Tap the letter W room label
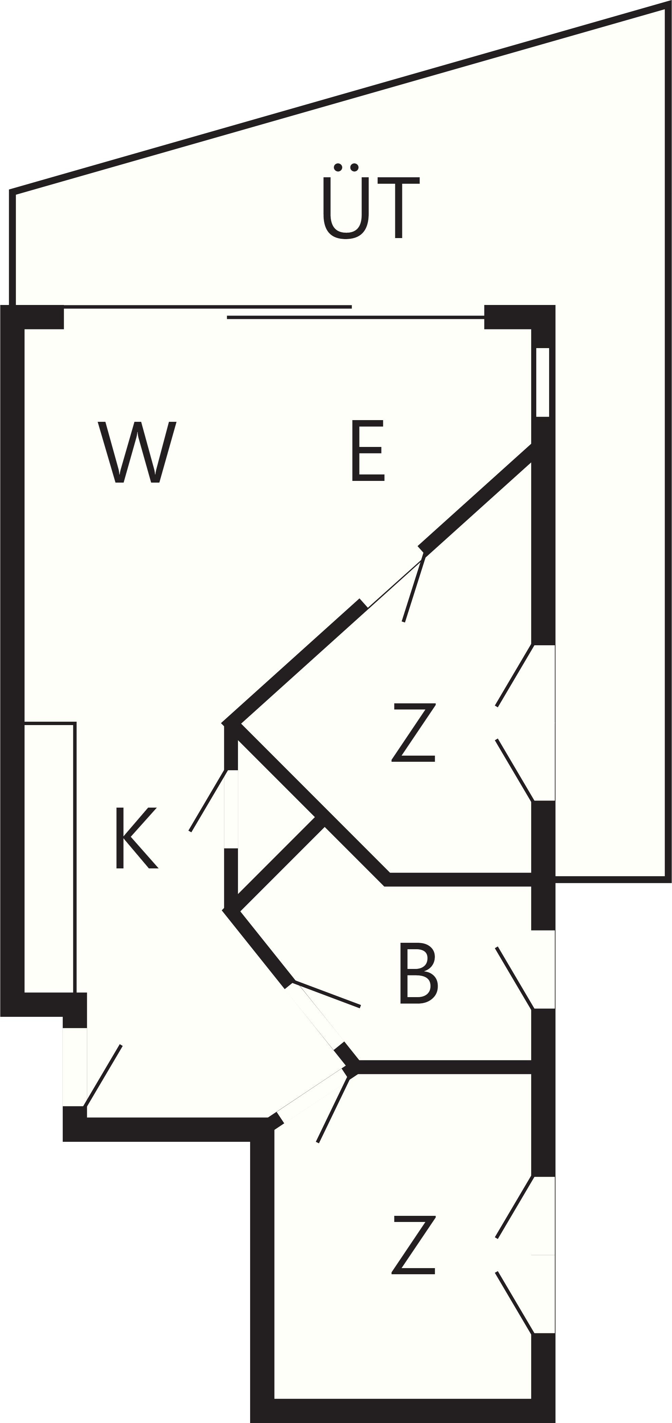click(x=137, y=452)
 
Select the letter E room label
click(x=368, y=451)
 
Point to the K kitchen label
click(x=137, y=838)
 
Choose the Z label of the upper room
click(x=414, y=733)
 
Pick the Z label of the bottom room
click(x=414, y=1245)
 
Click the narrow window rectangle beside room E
click(x=542, y=382)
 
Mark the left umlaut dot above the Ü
click(x=338, y=167)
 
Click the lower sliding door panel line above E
click(x=356, y=318)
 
